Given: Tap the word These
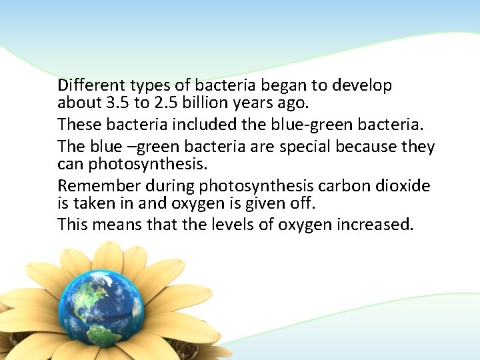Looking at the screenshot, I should point(76,124).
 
